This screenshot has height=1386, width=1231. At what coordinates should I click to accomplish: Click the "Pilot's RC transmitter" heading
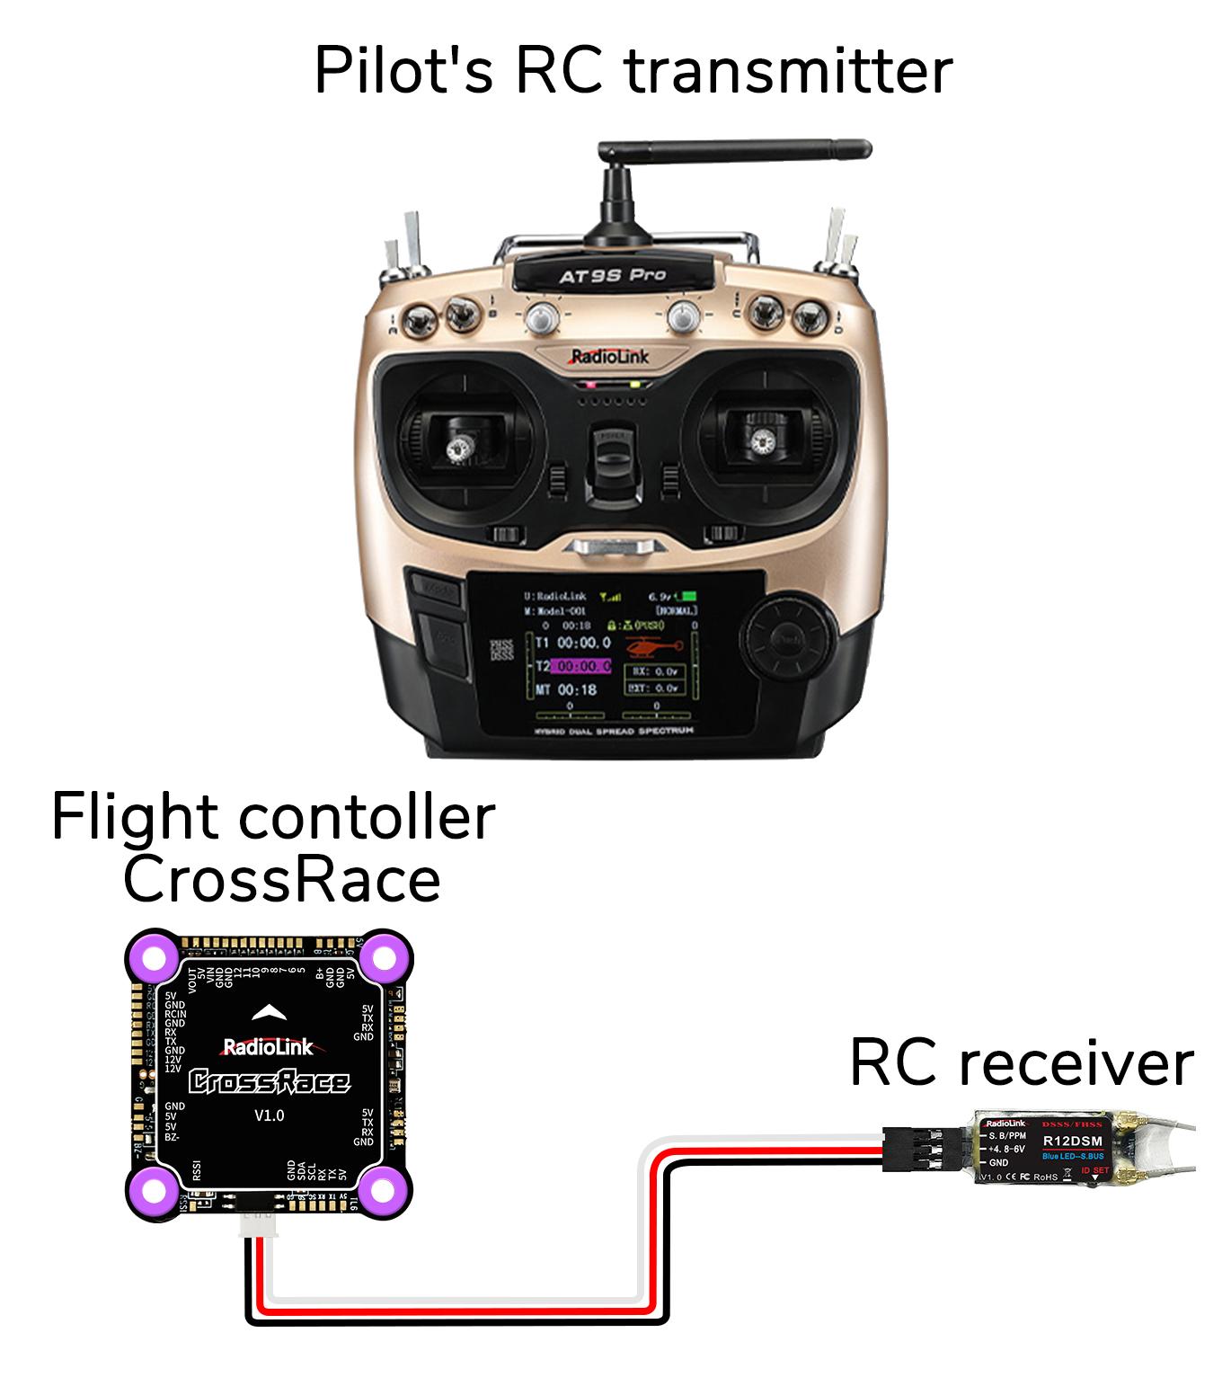coord(633,72)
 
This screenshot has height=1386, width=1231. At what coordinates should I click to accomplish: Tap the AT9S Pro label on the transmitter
coord(612,275)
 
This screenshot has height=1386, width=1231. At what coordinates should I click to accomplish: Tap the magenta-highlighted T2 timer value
coord(581,666)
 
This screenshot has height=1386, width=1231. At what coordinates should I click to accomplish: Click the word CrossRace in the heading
coord(281,880)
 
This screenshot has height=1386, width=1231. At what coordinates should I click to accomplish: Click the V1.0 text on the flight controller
coord(269,1115)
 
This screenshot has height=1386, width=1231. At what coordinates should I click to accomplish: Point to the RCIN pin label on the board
coord(175,1014)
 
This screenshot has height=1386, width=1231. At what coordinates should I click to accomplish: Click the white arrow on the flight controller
coord(269,1014)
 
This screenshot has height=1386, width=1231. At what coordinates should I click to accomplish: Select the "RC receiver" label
coord(1021,1063)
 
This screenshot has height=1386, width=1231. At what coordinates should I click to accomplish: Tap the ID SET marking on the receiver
coord(1095,1170)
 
